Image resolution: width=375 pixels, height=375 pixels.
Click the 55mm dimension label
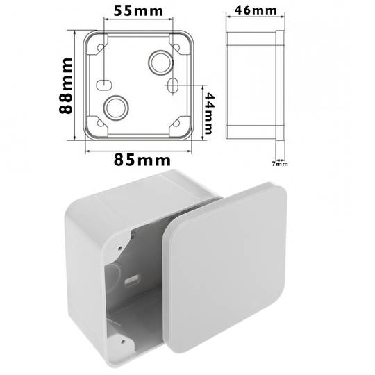[138, 11]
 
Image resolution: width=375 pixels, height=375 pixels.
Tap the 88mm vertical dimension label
[66, 85]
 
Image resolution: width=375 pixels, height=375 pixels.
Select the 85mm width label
[142, 160]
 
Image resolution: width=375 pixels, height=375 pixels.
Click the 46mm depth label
[256, 10]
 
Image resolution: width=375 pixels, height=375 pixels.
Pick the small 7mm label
[280, 164]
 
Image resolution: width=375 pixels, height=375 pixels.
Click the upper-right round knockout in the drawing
[160, 62]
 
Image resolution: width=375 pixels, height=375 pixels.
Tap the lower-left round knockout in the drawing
[116, 108]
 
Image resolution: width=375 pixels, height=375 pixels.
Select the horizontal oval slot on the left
[104, 85]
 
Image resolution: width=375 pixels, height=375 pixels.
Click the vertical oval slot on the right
[172, 85]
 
